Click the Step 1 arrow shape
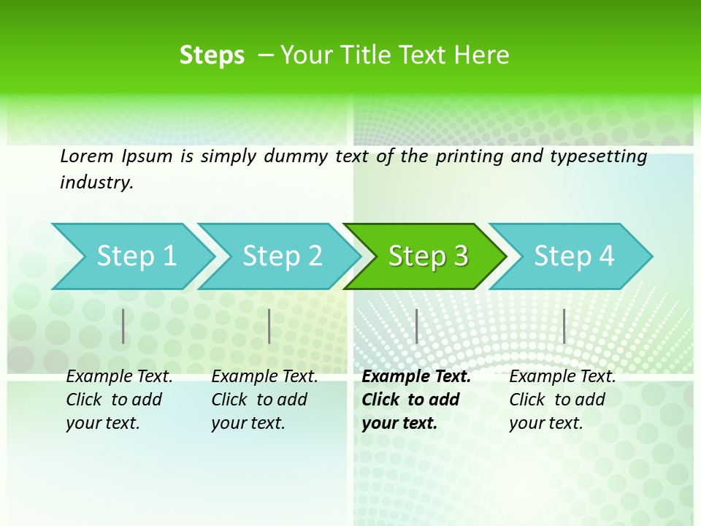point(135,256)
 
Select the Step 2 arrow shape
point(282,256)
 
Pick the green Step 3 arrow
point(427,256)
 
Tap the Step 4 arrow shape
point(574,256)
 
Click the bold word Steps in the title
point(212,56)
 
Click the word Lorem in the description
point(86,156)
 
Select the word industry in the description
point(96,183)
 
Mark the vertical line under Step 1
point(123,326)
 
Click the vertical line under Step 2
point(269,326)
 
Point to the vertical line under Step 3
point(416,326)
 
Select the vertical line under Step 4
point(564,326)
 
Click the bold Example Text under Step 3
point(416,377)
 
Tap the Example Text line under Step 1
point(119,377)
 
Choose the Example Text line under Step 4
point(562,377)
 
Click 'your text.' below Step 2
point(248,423)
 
